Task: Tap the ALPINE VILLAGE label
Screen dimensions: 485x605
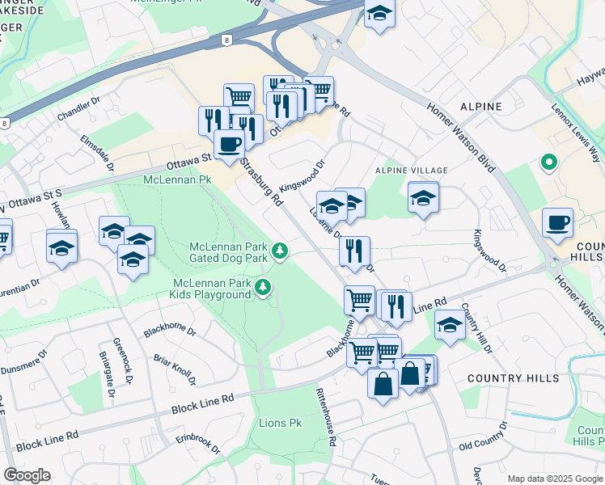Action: pos(411,171)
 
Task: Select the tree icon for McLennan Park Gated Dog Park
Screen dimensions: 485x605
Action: pos(280,251)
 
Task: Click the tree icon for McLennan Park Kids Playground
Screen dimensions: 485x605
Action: pos(263,286)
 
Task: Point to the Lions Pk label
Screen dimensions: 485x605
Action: pos(280,423)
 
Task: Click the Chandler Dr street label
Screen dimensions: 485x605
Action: pos(78,111)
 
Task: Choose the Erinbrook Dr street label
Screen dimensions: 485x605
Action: pos(197,443)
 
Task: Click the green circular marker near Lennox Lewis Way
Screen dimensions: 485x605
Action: pos(548,163)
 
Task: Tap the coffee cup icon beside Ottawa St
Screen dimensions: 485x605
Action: pos(229,144)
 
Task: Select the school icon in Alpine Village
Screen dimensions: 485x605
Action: pos(423,197)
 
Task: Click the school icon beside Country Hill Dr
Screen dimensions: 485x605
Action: pos(450,325)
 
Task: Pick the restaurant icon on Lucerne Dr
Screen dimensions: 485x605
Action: pos(354,250)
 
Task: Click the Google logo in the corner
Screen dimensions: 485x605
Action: pos(27,475)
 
